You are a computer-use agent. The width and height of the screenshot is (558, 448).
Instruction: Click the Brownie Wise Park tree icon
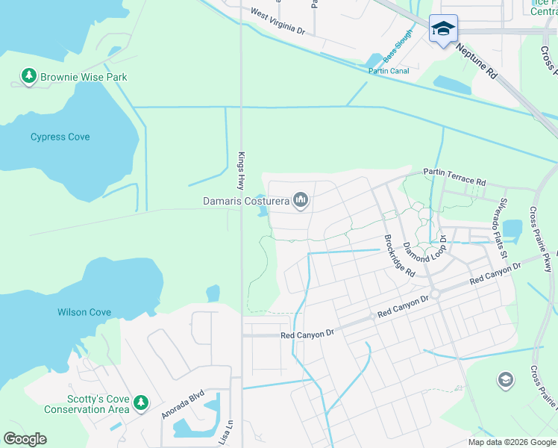(x=29, y=76)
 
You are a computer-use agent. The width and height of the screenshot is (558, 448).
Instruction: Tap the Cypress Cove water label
(x=60, y=137)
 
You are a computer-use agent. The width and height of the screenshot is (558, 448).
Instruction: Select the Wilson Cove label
(x=84, y=312)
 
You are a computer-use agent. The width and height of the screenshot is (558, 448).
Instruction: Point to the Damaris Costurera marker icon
(x=301, y=199)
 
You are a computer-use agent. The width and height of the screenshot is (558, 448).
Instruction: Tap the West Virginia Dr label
(x=278, y=22)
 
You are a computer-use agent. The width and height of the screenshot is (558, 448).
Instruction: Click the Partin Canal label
(x=389, y=72)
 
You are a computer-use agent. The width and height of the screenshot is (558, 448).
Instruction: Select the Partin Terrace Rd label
(x=454, y=177)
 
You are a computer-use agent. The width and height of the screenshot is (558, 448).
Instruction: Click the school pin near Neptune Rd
(x=443, y=28)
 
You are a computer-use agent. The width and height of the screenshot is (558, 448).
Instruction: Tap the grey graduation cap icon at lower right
(x=505, y=381)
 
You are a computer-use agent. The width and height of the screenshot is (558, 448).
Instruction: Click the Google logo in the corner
(x=25, y=439)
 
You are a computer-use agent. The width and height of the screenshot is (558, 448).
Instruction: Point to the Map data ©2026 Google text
(x=511, y=442)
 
